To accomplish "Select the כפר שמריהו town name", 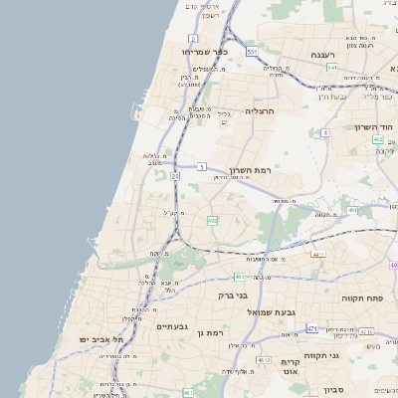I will click(205, 52).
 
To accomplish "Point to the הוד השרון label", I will click(374, 128).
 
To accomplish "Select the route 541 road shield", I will click(331, 68).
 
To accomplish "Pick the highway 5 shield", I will click(201, 166).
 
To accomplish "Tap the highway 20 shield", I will click(174, 175).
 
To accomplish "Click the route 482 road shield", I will click(212, 220).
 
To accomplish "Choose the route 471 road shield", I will click(311, 327).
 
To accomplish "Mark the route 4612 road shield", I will click(264, 360).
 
